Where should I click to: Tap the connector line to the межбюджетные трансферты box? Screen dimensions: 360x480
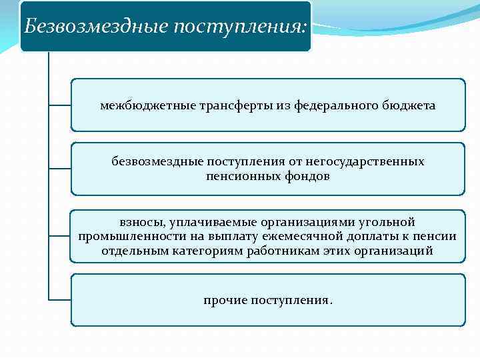click(x=60, y=105)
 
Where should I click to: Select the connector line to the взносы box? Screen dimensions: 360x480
click(x=60, y=236)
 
